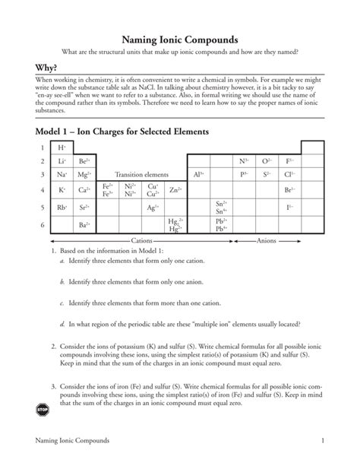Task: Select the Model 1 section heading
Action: click(122, 132)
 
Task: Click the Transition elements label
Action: click(141, 174)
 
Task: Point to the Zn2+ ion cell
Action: click(175, 189)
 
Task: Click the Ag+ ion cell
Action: click(153, 207)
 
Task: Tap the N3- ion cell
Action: click(244, 161)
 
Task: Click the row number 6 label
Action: click(43, 224)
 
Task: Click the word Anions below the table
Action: click(266, 240)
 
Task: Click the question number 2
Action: click(53, 346)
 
